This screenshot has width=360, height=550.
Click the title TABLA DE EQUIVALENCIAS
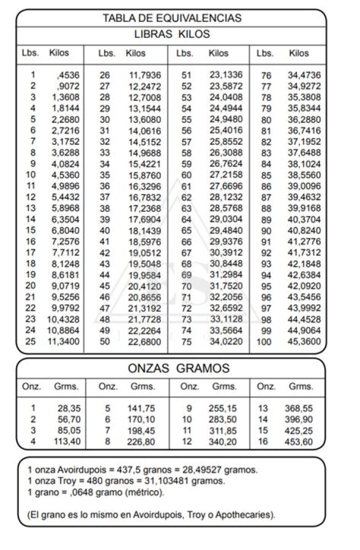172,18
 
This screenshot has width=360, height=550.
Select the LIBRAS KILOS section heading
172,34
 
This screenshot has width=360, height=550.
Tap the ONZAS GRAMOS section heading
178,369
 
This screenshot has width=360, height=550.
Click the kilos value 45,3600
304,342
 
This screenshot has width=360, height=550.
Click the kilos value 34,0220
226,342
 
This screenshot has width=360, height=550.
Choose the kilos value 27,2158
226,175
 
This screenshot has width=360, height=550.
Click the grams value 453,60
298,442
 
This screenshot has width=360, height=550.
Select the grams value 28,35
69,408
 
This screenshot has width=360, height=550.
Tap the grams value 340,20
223,442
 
